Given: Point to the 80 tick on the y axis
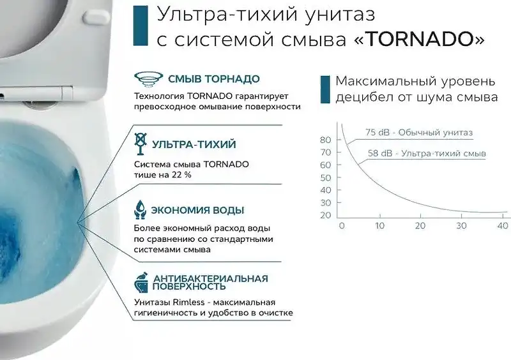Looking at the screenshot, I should [325, 140].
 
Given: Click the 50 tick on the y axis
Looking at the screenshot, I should [325, 177].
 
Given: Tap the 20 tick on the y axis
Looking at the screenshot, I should [325, 215].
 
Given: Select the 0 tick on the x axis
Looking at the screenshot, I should [341, 226].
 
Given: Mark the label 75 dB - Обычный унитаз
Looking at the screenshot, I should [419, 133].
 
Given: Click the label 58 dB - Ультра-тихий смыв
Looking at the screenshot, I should [427, 154].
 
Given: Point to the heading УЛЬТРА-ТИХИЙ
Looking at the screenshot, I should [194, 144].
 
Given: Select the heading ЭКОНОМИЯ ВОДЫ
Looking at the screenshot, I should [198, 210].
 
